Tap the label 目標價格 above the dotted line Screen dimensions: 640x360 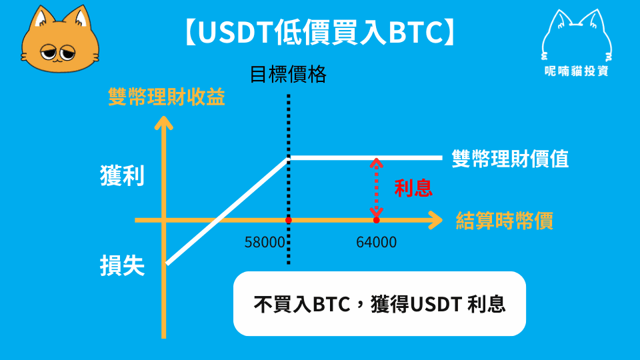click(288, 74)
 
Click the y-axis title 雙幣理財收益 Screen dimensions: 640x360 click(167, 97)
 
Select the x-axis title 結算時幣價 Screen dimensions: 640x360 click(505, 221)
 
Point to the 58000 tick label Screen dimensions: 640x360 click(265, 243)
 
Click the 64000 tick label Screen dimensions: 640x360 click(376, 243)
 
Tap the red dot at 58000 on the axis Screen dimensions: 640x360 click(289, 221)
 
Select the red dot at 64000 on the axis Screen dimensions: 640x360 click(376, 221)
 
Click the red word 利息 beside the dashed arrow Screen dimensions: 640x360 click(413, 188)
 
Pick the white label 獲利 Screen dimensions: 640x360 click(122, 176)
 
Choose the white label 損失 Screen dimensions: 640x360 click(122, 266)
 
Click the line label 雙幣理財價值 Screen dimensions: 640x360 click(510, 159)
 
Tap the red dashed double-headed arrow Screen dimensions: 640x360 click(376, 188)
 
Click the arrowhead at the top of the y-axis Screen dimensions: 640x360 click(164, 123)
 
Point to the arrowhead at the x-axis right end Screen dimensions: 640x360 click(435, 221)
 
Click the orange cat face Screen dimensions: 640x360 click(60, 40)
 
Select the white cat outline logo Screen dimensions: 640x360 click(576, 36)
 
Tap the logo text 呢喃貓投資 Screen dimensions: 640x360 click(576, 71)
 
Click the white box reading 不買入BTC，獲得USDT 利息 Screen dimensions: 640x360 click(379, 304)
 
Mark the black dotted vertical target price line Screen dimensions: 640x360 click(289, 179)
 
